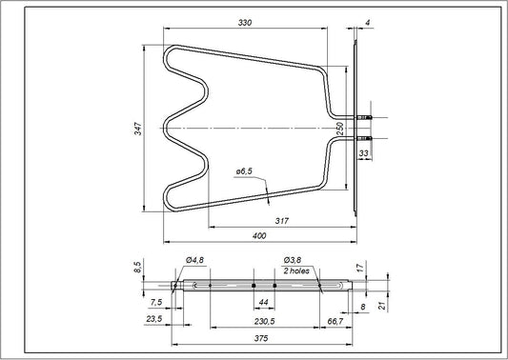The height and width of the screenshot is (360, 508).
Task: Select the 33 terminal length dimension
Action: click(x=364, y=151)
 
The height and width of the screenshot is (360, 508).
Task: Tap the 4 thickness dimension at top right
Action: click(x=365, y=22)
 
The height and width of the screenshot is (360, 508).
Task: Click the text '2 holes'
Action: click(x=296, y=270)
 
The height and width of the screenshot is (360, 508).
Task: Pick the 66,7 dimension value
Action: click(x=335, y=322)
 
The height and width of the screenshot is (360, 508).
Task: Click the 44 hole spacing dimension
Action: click(x=264, y=302)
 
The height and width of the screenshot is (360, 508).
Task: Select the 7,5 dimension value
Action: click(x=156, y=302)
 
